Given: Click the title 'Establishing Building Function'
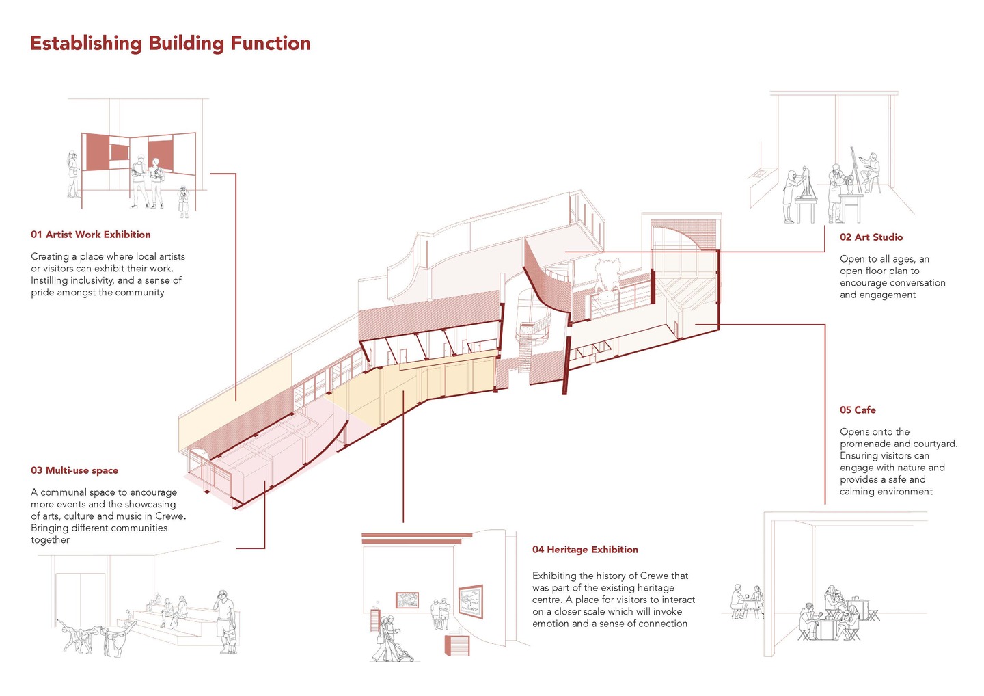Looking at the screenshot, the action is tap(170, 44).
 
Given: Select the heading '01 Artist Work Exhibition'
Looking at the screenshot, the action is tap(90, 235).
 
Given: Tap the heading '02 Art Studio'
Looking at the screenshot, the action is tap(871, 237).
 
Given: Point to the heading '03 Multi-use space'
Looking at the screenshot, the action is tap(74, 470).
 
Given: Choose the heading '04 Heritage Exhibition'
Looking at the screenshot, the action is tap(585, 550).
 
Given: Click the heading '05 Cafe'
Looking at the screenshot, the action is tap(858, 410).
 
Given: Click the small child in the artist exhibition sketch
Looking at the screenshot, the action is tap(183, 202).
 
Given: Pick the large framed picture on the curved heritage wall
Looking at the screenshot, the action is tap(470, 601).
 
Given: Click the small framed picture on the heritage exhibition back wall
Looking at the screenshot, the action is tap(407, 600).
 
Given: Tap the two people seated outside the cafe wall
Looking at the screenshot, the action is tap(747, 602).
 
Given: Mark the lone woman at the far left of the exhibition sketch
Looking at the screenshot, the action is tap(73, 174).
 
